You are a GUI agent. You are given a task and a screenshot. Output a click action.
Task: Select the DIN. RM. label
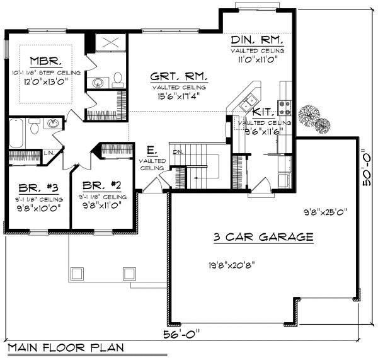[256, 40]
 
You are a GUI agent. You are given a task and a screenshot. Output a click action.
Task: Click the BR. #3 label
[30, 187]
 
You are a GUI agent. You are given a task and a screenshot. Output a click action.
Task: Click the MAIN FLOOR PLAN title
[66, 347]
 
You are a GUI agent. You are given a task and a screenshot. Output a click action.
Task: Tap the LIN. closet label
[48, 152]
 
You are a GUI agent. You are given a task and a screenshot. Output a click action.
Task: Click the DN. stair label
[178, 152]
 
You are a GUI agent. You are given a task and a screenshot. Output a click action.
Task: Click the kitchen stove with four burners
[285, 107]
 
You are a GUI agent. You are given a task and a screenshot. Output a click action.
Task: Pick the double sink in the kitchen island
[248, 100]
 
